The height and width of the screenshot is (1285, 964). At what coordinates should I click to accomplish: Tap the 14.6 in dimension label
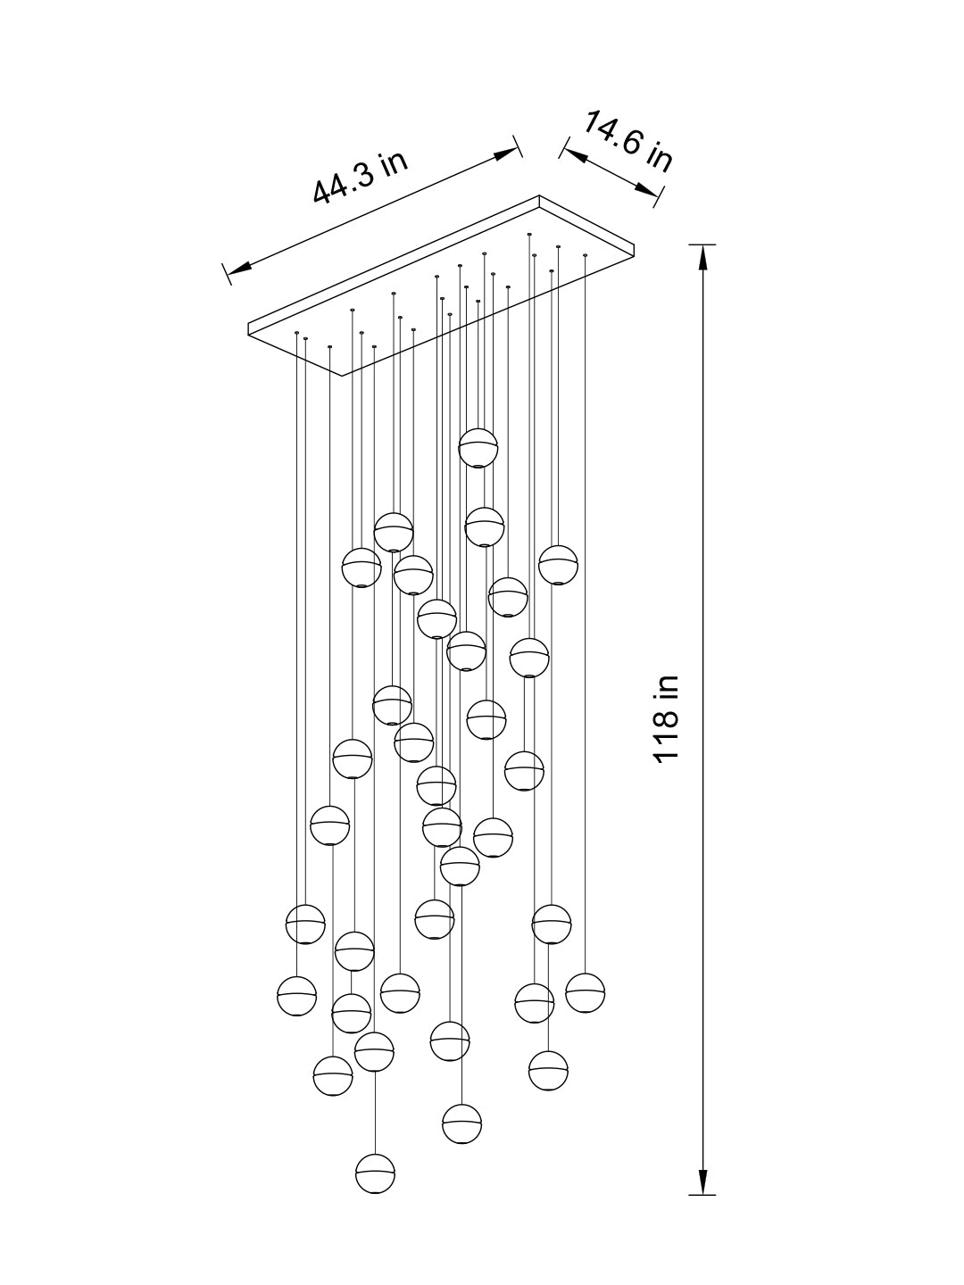(627, 142)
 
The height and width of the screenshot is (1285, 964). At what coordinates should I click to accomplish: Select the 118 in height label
(667, 718)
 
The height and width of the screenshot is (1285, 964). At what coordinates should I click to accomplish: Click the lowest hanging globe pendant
(375, 1173)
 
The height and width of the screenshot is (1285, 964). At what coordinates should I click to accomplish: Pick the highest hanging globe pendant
(478, 447)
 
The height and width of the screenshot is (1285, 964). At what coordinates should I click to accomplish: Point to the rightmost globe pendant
(585, 992)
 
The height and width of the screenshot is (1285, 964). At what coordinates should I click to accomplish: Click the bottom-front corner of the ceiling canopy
(340, 376)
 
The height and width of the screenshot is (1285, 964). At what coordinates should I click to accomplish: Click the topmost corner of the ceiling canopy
(539, 196)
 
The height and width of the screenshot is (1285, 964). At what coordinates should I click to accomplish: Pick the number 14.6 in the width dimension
(613, 135)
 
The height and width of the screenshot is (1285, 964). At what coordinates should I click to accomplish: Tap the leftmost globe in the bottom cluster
(297, 996)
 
